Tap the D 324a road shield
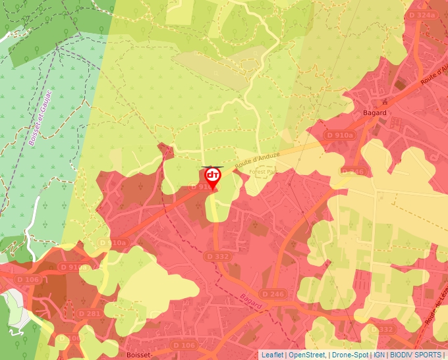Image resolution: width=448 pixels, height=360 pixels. [422, 14]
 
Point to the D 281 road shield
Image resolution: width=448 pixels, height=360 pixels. [89, 313]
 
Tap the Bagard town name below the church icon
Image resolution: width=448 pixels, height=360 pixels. [374, 113]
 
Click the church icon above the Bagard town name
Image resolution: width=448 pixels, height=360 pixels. [385, 102]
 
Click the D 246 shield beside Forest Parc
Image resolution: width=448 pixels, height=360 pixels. [352, 172]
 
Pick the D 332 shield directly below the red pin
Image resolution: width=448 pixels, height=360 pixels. [217, 256]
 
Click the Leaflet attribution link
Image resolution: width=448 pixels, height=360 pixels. [272, 355]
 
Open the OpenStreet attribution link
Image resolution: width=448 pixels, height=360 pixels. [306, 355]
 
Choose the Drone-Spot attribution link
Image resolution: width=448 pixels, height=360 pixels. [350, 355]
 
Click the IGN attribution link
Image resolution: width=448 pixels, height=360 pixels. [379, 355]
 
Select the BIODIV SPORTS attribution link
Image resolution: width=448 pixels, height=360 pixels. [416, 355]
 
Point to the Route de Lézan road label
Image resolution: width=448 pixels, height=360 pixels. [435, 309]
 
